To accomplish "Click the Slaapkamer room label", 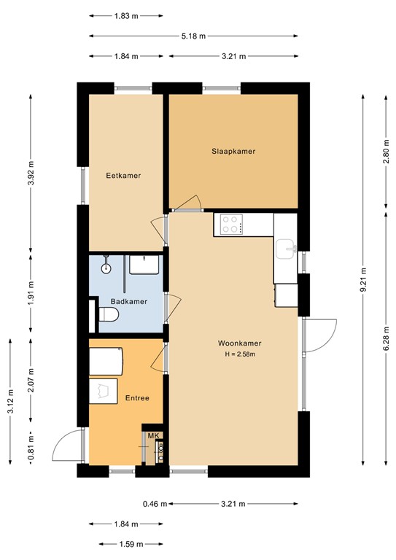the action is [233, 152].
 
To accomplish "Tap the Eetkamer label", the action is [123, 176].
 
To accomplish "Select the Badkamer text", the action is [129, 302].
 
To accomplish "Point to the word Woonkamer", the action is [240, 343].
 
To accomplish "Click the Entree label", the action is [137, 398].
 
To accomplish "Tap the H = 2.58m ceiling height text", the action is [240, 354].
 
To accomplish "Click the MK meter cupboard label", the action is [153, 436].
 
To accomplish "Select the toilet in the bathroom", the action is [109, 315].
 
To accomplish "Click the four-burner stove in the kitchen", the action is [231, 225].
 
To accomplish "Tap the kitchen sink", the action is [286, 249].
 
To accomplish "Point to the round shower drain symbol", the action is [106, 269].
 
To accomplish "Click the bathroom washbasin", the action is [144, 265].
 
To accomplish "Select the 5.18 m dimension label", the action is [193, 36].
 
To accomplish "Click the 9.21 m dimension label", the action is [363, 280].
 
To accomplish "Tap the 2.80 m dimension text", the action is [386, 151].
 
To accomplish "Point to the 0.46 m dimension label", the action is [155, 505].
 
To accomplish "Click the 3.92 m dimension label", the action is [31, 174].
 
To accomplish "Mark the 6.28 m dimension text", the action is [386, 338].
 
